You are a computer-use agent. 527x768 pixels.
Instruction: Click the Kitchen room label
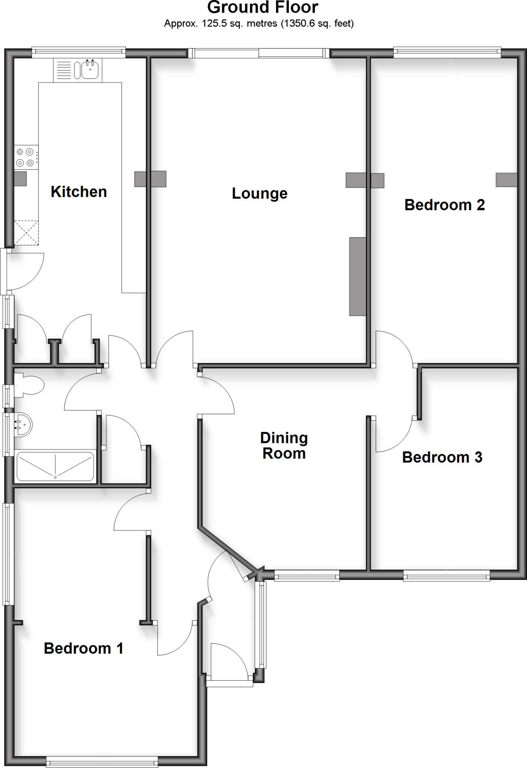(79, 192)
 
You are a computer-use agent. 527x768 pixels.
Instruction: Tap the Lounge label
(259, 193)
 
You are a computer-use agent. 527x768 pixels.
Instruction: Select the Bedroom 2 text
(445, 205)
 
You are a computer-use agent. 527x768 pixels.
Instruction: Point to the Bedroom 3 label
(442, 457)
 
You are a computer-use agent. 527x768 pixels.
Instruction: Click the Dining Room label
(284, 445)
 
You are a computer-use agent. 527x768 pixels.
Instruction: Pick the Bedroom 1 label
(84, 648)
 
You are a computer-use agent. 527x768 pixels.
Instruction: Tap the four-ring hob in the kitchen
(25, 157)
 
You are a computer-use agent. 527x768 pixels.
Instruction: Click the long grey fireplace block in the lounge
(358, 276)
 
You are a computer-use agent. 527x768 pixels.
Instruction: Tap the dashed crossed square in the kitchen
(26, 233)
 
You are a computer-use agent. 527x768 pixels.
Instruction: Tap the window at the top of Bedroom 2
(447, 52)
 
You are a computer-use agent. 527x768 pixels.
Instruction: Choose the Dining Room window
(307, 575)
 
